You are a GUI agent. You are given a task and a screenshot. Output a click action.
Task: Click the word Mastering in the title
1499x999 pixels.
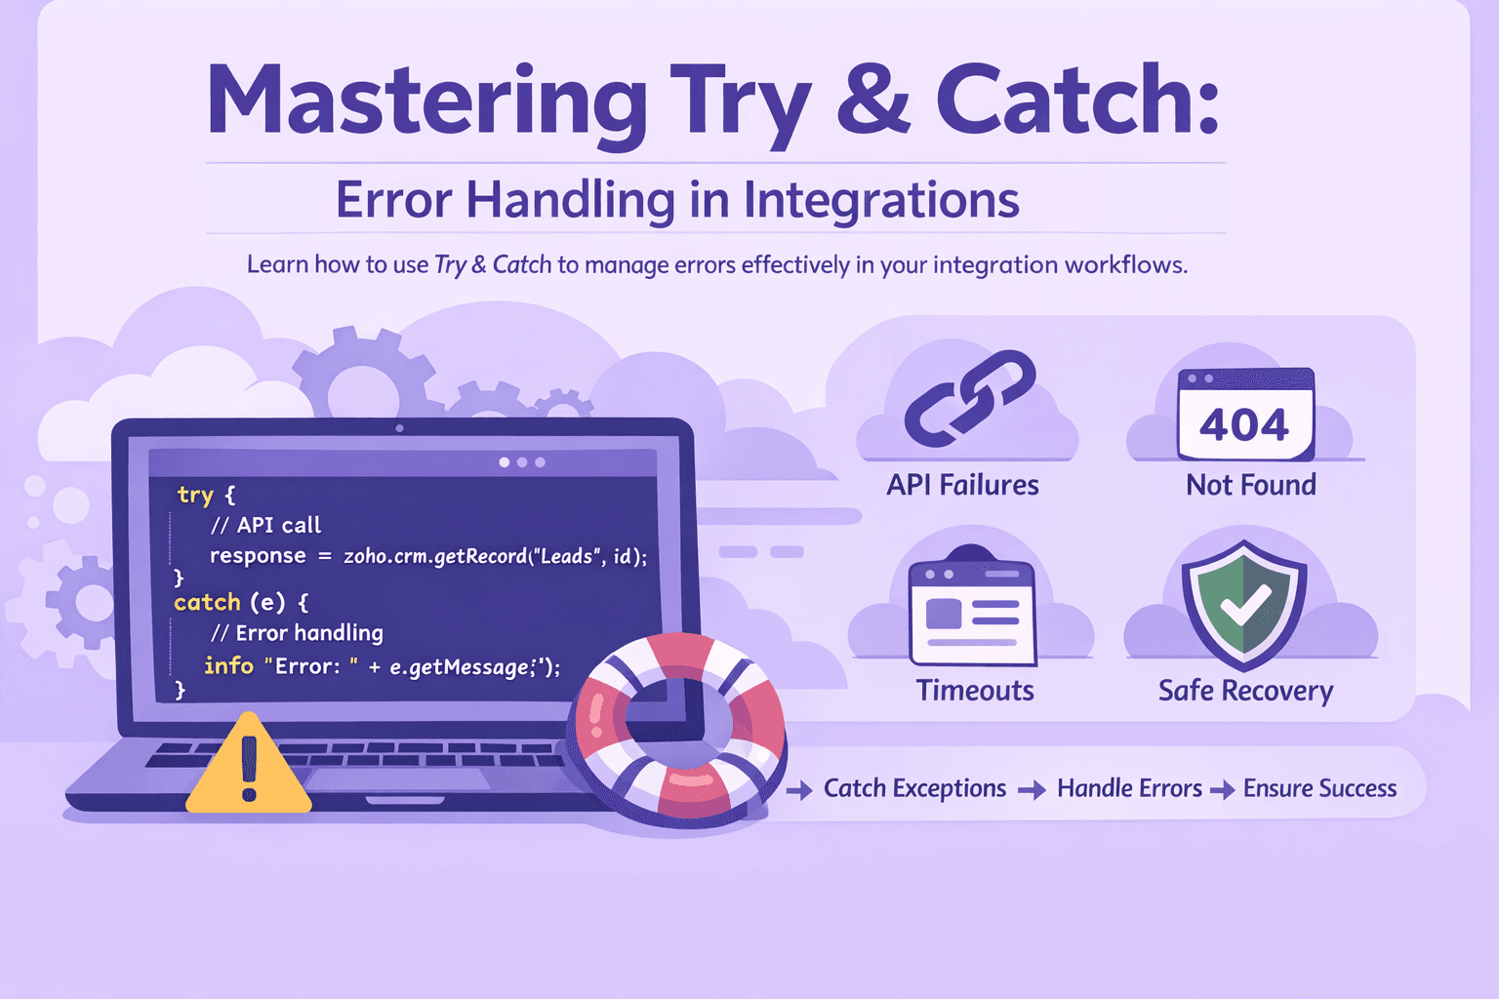426,101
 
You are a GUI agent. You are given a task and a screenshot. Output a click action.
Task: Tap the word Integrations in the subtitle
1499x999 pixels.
881,200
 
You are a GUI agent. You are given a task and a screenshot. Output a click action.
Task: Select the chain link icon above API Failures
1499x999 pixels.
969,399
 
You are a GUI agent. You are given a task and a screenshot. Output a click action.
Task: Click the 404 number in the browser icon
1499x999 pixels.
1244,424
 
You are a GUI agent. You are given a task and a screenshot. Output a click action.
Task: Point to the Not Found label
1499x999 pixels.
1250,485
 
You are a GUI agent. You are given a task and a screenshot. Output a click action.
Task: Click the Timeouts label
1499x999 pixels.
974,691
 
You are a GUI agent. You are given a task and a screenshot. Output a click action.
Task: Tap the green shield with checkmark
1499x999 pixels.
1243,602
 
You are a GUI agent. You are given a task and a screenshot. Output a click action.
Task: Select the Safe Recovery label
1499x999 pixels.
1245,691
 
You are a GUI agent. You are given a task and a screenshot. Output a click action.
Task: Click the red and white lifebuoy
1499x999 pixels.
679,727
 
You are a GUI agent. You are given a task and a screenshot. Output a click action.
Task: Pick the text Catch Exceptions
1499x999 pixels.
914,788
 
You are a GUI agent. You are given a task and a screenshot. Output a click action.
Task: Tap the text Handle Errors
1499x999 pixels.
1129,788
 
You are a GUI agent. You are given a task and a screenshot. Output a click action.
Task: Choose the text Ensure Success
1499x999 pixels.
1319,788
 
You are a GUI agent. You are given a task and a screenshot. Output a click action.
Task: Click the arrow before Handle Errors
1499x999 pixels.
1032,790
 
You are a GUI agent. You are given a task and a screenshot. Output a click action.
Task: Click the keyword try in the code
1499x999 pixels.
195,495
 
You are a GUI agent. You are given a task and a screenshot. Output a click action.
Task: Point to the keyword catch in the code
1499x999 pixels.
207,602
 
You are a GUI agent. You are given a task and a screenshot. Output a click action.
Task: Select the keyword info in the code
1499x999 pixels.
228,665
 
